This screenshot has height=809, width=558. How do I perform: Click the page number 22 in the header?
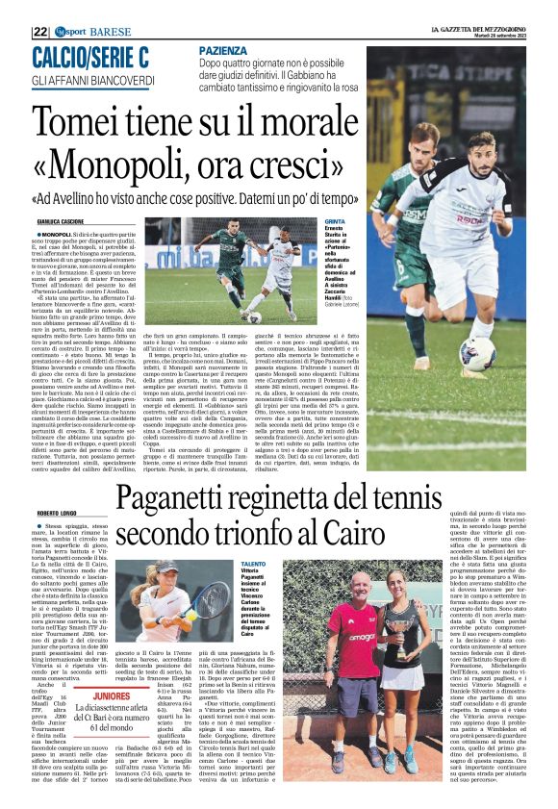click(x=40, y=31)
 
